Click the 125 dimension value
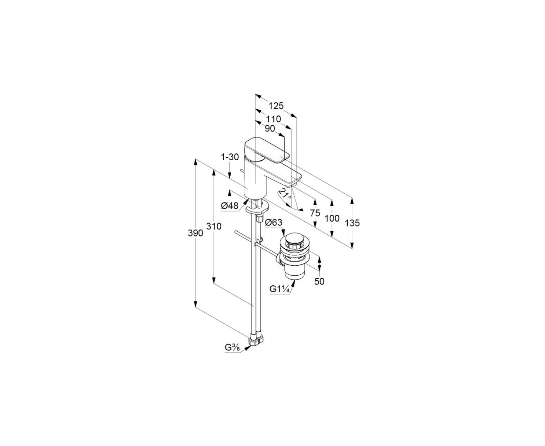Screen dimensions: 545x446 pos(276,106)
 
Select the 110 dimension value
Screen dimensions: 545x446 pos(273,119)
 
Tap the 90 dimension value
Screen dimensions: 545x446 pos(270,128)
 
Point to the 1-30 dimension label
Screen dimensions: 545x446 pos(230,157)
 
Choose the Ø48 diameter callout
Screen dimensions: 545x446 pos(230,206)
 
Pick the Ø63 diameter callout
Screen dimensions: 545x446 pos(274,223)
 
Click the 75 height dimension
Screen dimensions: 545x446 pos(315,213)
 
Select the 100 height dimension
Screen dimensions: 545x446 pos(332,219)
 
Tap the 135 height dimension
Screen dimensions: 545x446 pos(352,223)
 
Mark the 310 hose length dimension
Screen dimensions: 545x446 pos(214,226)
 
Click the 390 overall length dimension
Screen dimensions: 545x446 pos(195,233)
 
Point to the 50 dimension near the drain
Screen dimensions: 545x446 pos(319,281)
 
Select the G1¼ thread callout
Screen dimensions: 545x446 pos(279,289)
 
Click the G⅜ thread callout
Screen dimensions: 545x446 pos(232,348)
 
